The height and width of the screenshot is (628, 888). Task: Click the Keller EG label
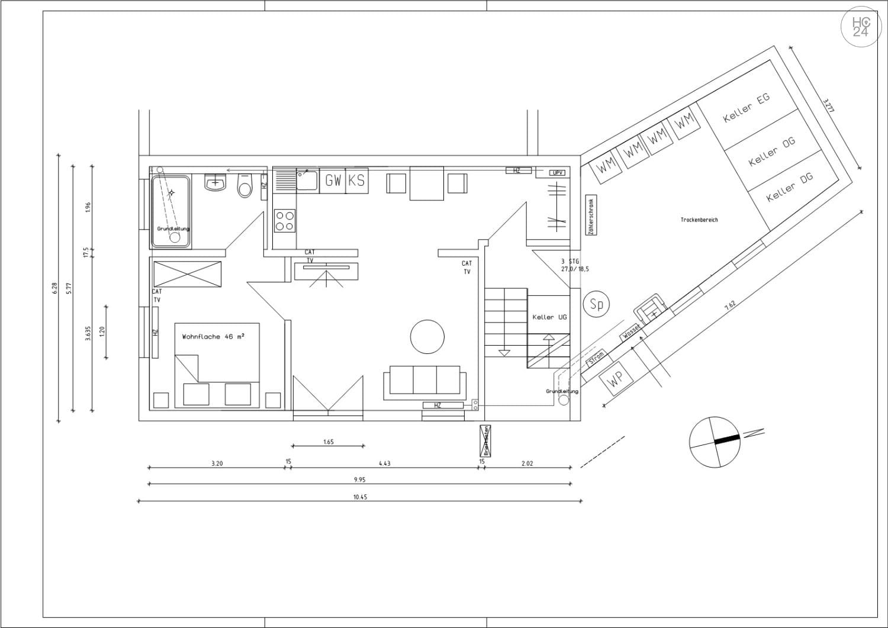tap(747, 108)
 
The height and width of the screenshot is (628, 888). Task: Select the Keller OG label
tap(771, 152)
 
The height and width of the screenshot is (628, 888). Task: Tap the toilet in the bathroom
tap(244, 185)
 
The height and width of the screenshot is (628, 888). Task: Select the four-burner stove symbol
tap(285, 220)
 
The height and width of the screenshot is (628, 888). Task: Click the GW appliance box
tap(333, 181)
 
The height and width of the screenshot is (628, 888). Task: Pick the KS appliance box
tap(356, 181)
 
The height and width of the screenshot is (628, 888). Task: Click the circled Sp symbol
tap(596, 304)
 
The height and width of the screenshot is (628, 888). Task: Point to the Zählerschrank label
tap(591, 215)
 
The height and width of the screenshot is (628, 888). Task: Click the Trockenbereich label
tap(699, 220)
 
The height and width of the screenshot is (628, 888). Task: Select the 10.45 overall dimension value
tap(360, 497)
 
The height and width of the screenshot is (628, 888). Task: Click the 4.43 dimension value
tap(384, 463)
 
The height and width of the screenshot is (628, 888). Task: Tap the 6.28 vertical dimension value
tap(54, 288)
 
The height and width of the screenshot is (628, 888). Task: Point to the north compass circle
tap(715, 442)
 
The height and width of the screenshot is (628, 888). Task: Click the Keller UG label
tap(549, 317)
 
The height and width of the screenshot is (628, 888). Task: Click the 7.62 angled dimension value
tap(730, 305)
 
